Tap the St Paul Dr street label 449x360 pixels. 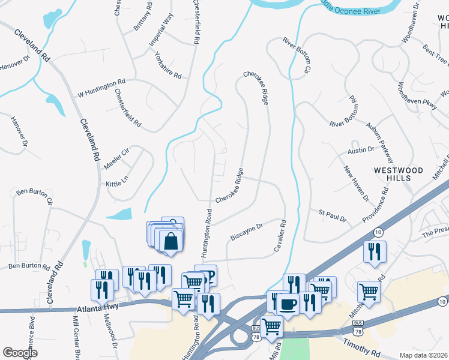pos(333,215)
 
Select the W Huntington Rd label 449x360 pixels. pos(101,88)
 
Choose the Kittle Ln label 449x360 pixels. pos(117,181)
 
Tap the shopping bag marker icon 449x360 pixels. pos(171,241)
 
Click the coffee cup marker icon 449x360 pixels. pos(288,304)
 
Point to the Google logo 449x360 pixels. pos(20,353)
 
